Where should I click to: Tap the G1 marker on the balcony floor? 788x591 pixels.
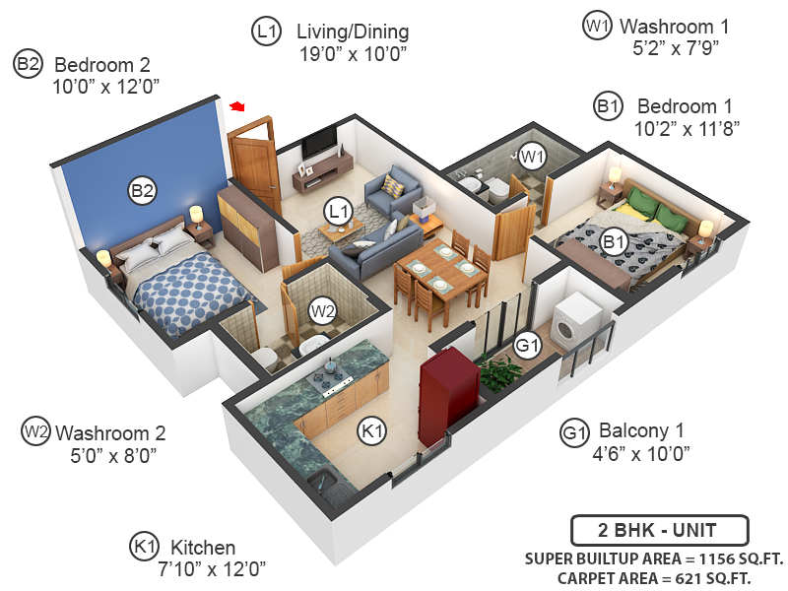point(528,346)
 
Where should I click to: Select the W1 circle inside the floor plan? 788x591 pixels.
point(532,157)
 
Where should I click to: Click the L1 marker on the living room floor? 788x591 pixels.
point(339,210)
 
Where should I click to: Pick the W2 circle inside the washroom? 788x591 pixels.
point(322,311)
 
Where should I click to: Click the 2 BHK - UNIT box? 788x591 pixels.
point(659,530)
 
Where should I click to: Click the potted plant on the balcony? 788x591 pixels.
point(501,373)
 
